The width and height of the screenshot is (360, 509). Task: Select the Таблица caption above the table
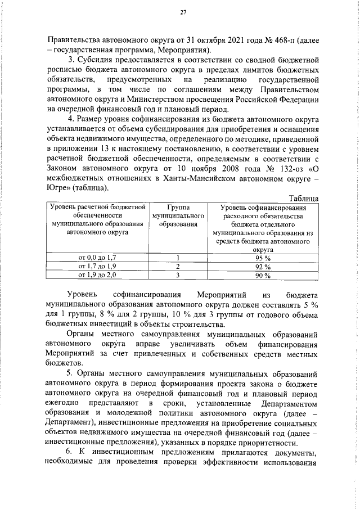tap(303, 198)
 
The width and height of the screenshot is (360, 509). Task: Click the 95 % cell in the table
tap(263, 258)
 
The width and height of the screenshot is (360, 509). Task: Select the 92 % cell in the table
tap(263, 266)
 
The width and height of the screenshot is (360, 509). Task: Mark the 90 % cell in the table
tap(263, 275)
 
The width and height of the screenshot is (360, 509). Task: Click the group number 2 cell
tap(177, 266)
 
